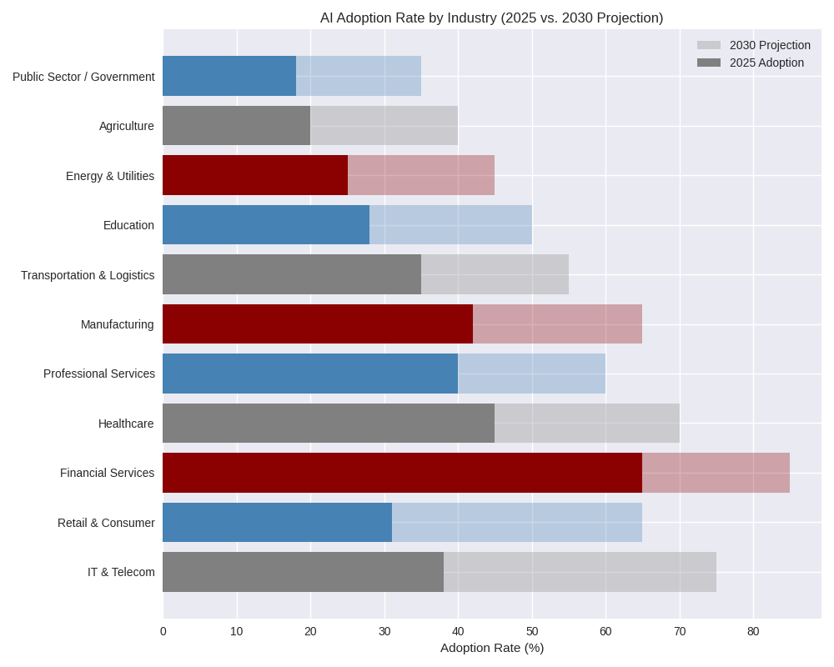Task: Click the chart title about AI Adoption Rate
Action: point(491,18)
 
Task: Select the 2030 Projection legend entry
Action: point(769,45)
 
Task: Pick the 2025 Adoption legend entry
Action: point(766,63)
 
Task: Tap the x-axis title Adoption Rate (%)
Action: point(491,648)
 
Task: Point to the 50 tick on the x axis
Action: point(532,631)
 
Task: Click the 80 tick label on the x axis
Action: point(753,631)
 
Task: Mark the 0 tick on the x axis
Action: point(163,631)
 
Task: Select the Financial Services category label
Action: point(107,473)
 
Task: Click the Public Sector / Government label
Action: point(83,77)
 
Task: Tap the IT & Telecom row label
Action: point(121,572)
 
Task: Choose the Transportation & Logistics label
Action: point(88,275)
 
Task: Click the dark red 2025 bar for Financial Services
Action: point(402,473)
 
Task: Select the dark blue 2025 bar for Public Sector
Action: point(229,76)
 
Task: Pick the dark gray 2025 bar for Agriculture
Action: point(236,126)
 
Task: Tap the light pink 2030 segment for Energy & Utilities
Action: point(421,175)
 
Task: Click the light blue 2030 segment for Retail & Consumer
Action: point(517,522)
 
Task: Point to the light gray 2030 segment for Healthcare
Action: point(587,424)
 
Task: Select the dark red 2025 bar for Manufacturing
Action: point(318,324)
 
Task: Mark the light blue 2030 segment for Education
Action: point(450,225)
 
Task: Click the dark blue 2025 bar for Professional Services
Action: point(310,374)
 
